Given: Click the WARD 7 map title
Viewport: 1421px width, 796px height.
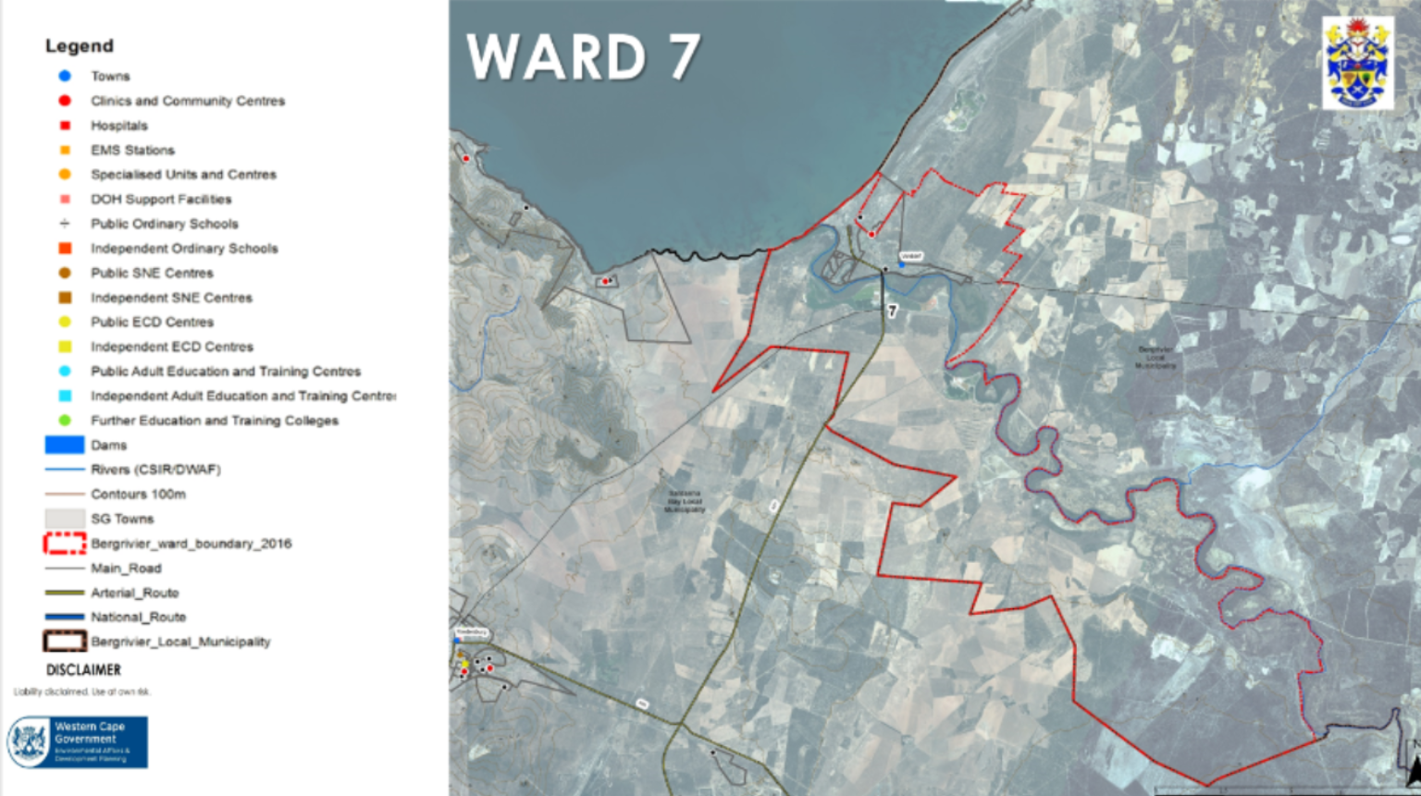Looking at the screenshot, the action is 583,57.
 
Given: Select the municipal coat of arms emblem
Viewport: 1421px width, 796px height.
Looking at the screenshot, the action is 1357,63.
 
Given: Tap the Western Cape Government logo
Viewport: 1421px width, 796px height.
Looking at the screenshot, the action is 78,741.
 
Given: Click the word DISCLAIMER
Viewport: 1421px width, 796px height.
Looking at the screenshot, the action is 83,669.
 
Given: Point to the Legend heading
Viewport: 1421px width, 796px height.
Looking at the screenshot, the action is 80,45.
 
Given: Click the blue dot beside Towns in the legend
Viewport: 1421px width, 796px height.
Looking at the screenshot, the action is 65,76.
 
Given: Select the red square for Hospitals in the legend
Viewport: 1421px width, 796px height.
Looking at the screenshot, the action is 65,125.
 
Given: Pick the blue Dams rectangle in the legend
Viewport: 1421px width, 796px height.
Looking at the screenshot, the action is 65,445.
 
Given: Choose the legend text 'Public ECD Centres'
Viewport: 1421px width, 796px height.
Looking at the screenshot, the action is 152,322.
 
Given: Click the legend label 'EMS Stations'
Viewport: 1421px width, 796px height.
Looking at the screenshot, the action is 132,150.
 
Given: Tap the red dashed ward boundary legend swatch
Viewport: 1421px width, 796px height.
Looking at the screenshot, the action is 65,544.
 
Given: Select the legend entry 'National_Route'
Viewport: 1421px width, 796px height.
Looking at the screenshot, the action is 138,617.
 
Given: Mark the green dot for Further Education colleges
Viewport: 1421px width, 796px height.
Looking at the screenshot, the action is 65,420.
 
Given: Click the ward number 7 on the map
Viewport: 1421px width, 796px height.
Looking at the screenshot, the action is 892,312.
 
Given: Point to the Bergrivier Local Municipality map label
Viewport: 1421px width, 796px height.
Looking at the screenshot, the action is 1155,357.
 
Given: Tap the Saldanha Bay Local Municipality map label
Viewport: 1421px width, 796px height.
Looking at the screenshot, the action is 685,501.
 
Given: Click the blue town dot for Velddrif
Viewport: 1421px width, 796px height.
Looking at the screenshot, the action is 901,264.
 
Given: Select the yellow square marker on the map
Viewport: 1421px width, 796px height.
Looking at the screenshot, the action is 464,665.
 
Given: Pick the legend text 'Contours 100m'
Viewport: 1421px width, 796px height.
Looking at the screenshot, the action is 138,494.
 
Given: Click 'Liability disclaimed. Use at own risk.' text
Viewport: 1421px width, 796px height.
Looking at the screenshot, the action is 81,692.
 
